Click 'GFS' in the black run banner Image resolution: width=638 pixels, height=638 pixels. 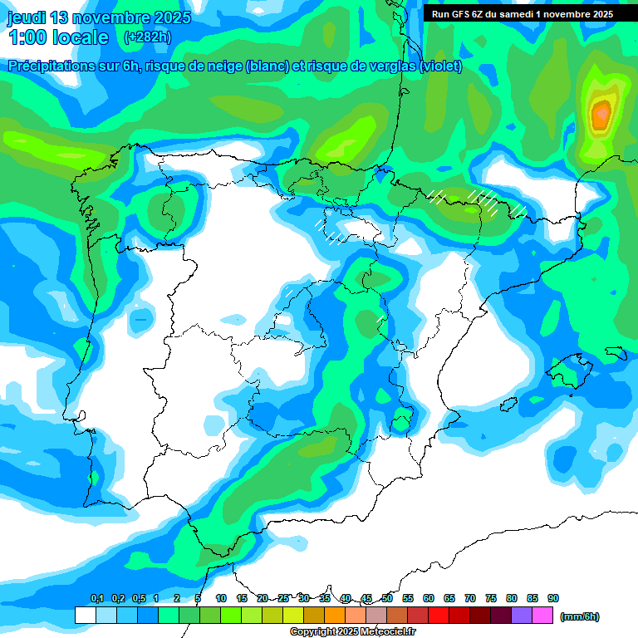point(459,14)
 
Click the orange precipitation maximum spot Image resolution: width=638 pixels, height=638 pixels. point(601,113)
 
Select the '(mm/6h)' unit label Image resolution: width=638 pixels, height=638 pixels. point(579,616)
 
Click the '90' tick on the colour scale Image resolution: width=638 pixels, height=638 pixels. point(553,598)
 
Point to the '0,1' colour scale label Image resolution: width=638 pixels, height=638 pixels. point(97,598)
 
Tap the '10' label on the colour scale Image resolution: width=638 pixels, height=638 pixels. point(221,598)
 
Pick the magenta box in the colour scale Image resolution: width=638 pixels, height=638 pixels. point(542,616)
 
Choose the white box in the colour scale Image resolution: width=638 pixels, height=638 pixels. point(85,616)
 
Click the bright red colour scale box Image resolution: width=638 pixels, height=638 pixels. point(439,616)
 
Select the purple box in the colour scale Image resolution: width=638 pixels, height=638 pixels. point(522,616)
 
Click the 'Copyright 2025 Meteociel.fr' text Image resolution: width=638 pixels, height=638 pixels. point(353,632)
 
